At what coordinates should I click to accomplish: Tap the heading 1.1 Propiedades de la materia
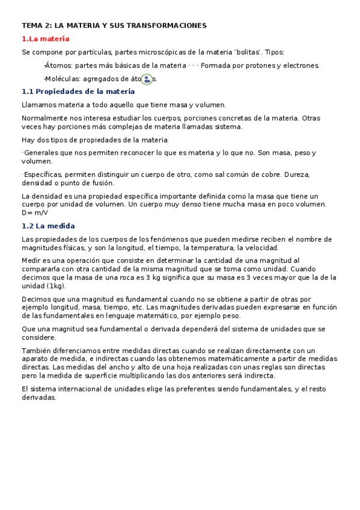pos(78,91)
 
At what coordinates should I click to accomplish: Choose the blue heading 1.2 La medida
pos(48,226)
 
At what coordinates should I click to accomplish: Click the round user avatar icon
pos(147,79)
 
